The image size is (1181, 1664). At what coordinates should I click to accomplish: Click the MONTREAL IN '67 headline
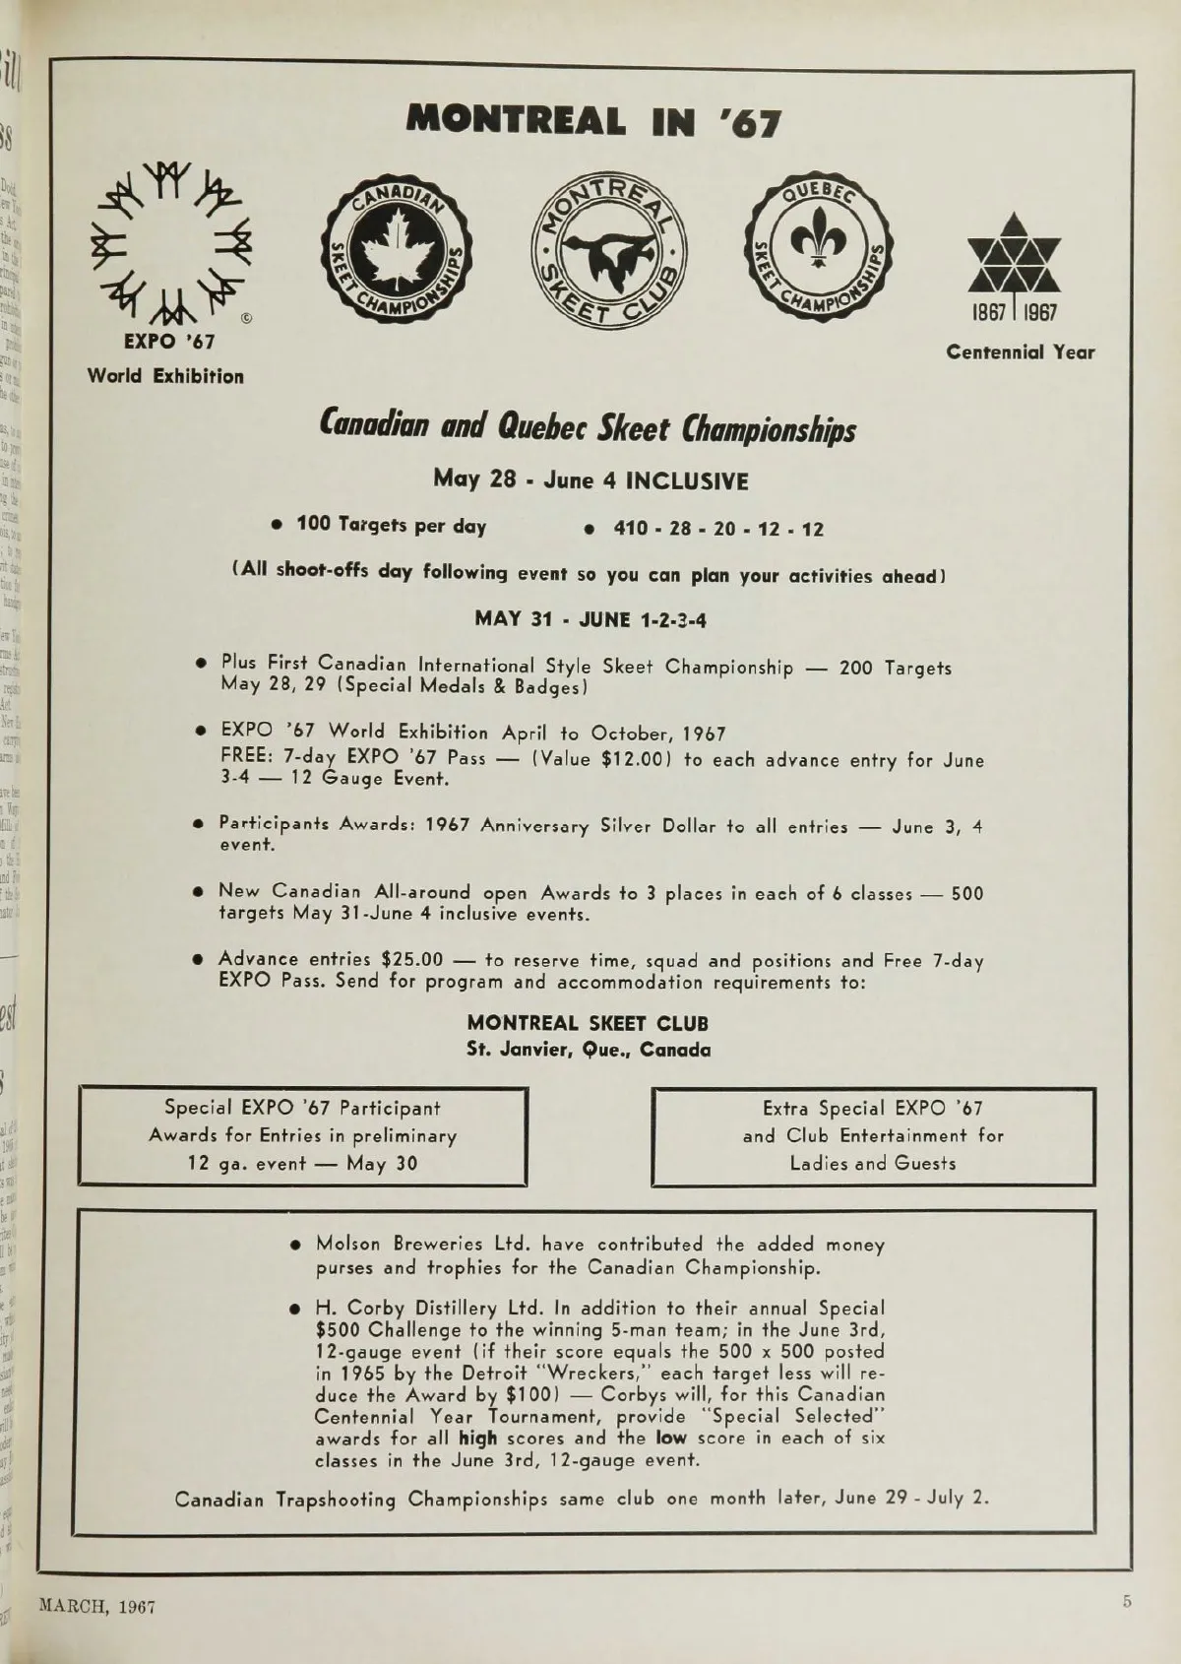[x=594, y=121]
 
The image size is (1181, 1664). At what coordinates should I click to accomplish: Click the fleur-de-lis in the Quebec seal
[x=817, y=246]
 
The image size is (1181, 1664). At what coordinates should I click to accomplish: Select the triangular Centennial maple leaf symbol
[x=1014, y=255]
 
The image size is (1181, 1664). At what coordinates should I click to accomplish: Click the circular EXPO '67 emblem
[x=173, y=242]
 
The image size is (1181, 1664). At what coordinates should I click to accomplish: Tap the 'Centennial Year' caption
[x=1020, y=352]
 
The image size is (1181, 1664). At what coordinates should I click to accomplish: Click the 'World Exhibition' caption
[x=165, y=376]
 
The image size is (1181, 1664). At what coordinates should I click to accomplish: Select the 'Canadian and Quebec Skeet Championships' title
[x=588, y=428]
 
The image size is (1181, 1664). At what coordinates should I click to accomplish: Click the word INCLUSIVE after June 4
[x=687, y=481]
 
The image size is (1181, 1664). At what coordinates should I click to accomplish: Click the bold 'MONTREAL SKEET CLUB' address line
[x=588, y=1024]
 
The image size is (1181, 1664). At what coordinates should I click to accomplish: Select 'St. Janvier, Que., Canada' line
[x=588, y=1050]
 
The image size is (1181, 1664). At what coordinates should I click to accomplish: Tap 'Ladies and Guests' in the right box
[x=873, y=1164]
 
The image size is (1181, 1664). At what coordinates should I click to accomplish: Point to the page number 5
[x=1127, y=1601]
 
